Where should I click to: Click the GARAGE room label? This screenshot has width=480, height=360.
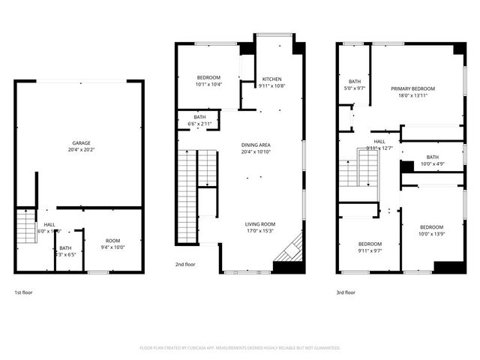pyautogui.click(x=81, y=142)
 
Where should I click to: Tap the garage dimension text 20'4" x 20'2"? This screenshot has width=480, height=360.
pyautogui.click(x=81, y=149)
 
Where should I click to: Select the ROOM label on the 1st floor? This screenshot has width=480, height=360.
pyautogui.click(x=112, y=241)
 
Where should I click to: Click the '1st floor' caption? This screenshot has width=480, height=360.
pyautogui.click(x=23, y=292)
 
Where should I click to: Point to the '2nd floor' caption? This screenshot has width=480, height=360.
pyautogui.click(x=186, y=265)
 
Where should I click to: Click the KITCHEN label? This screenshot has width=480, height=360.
pyautogui.click(x=271, y=79)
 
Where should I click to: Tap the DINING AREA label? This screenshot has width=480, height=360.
pyautogui.click(x=256, y=145)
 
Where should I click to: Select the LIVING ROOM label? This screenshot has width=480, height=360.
pyautogui.click(x=259, y=224)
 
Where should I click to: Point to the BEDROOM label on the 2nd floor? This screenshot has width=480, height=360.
pyautogui.click(x=208, y=78)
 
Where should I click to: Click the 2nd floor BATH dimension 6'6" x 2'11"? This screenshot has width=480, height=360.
pyautogui.click(x=199, y=123)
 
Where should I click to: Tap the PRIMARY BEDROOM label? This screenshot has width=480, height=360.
pyautogui.click(x=412, y=88)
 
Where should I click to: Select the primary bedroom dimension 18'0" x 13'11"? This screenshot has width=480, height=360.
pyautogui.click(x=412, y=95)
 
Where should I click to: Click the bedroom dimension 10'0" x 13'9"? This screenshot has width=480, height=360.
pyautogui.click(x=431, y=234)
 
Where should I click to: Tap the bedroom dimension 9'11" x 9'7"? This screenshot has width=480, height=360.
pyautogui.click(x=370, y=250)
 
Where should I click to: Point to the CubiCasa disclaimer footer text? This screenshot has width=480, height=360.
pyautogui.click(x=240, y=348)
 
